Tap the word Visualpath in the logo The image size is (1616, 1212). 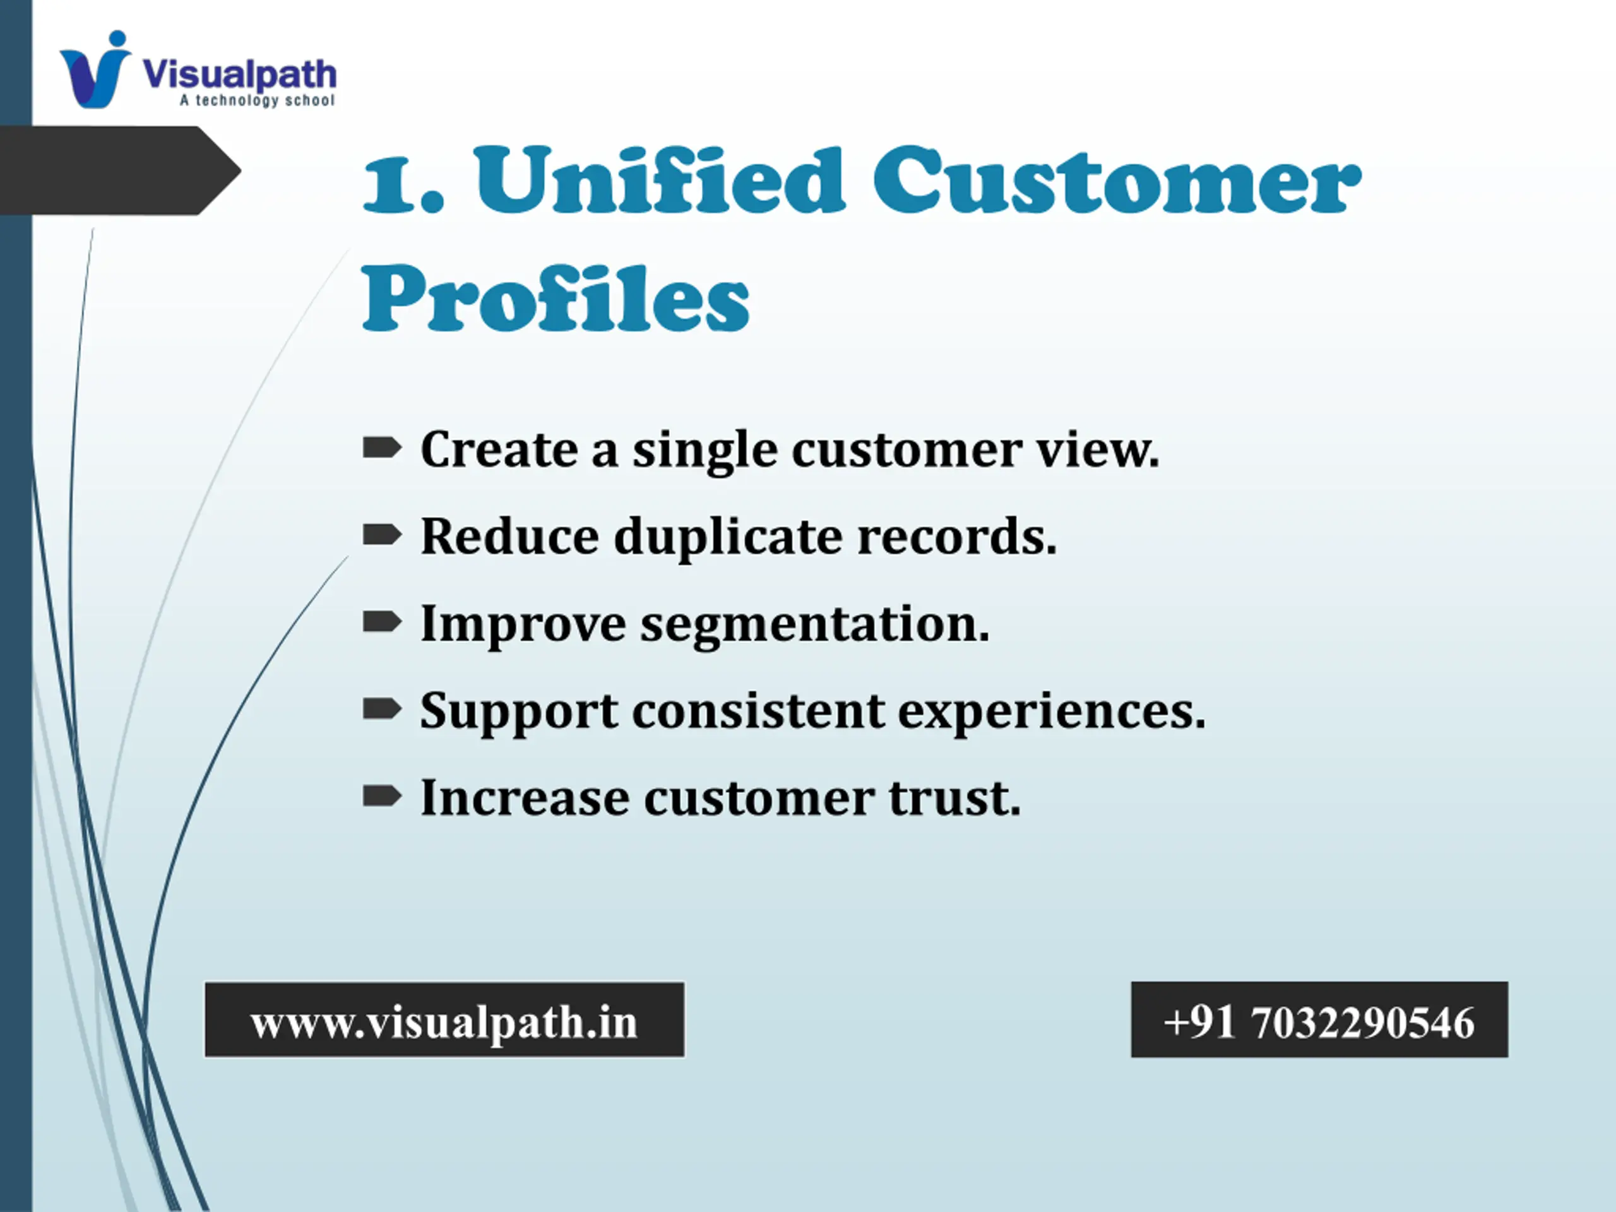(x=240, y=74)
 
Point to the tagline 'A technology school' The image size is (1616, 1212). (x=257, y=100)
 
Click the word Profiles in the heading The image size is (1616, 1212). (x=556, y=298)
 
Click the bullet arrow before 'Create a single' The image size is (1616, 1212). (x=382, y=447)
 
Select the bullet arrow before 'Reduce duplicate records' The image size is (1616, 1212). (x=382, y=535)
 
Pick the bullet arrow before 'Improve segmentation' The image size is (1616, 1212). (x=382, y=622)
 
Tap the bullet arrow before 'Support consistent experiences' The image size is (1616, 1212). (x=382, y=709)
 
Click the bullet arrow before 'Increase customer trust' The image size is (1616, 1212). (x=382, y=795)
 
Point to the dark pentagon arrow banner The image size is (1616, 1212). (x=121, y=170)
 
